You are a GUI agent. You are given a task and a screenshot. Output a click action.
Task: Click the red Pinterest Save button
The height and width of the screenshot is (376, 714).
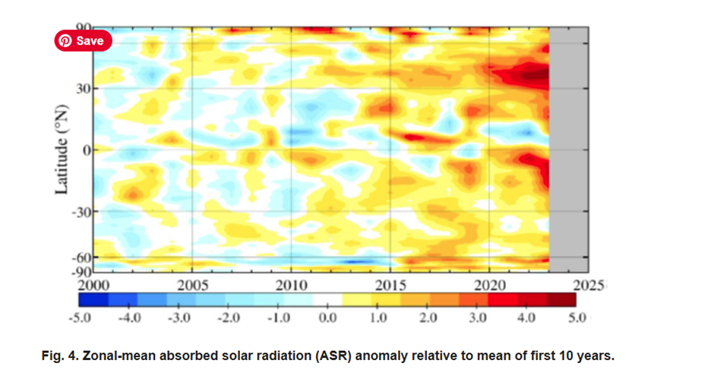click(83, 41)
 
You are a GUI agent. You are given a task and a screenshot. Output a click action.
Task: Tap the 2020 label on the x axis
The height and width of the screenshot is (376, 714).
click(490, 286)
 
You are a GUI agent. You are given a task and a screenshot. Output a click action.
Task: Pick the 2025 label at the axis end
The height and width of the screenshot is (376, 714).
click(589, 286)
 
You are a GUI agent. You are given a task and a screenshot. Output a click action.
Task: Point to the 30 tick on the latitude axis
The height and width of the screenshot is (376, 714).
click(82, 88)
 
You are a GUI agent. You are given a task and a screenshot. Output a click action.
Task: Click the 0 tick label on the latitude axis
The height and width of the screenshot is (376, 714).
click(87, 150)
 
